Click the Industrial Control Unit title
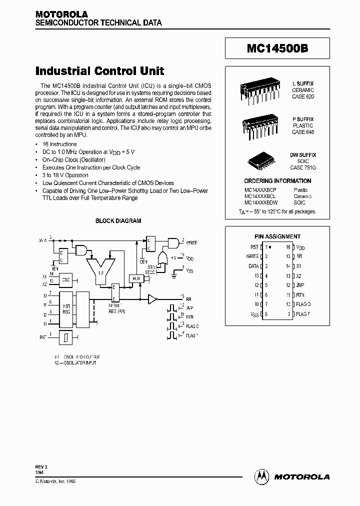(x=99, y=71)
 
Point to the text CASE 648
(x=303, y=132)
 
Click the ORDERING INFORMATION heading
(x=277, y=180)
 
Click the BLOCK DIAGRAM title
(x=118, y=220)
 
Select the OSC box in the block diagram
(x=66, y=280)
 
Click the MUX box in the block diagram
(x=135, y=277)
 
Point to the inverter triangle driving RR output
(x=152, y=299)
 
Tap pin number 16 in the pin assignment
(x=288, y=247)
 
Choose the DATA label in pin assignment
(x=253, y=266)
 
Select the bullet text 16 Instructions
(x=59, y=144)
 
